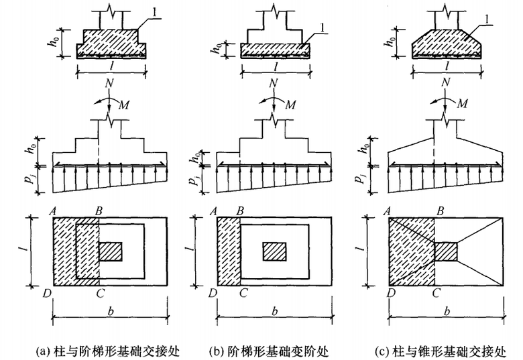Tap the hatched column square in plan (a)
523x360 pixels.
[x=111, y=251]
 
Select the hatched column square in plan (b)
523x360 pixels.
[x=274, y=251]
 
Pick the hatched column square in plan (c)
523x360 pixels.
[x=447, y=251]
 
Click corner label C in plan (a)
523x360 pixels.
[x=100, y=293]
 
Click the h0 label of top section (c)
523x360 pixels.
[x=389, y=42]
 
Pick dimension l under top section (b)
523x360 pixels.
[x=275, y=67]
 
